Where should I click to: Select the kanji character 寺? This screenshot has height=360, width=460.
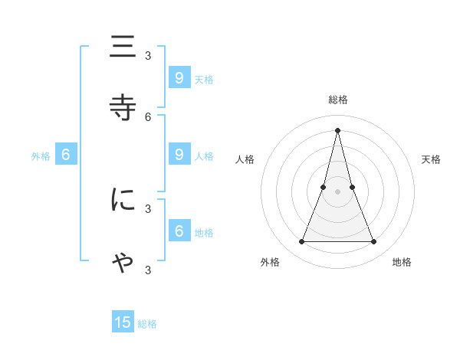click(x=123, y=106)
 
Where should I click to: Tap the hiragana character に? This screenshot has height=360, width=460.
click(x=123, y=200)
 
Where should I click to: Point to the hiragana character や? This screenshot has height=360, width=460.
click(x=123, y=263)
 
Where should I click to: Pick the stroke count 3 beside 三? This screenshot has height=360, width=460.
click(x=148, y=55)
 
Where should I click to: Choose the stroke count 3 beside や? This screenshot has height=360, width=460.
click(x=148, y=270)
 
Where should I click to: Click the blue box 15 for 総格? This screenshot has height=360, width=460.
click(x=123, y=322)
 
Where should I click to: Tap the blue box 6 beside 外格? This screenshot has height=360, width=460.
click(x=66, y=155)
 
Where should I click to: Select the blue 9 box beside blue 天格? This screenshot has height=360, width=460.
click(x=179, y=77)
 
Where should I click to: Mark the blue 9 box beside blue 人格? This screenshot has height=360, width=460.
click(x=179, y=155)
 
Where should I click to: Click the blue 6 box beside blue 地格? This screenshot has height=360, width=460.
click(x=179, y=231)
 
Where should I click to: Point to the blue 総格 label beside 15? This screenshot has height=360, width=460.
click(x=147, y=324)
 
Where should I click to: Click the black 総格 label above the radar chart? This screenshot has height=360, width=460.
click(x=337, y=100)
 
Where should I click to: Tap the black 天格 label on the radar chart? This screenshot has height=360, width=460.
click(x=431, y=159)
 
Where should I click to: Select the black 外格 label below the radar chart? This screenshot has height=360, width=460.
click(x=270, y=262)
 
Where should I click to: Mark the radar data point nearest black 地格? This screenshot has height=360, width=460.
click(x=373, y=242)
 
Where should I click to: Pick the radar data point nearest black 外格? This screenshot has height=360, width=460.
click(x=301, y=242)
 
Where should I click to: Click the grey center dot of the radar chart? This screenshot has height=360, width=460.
click(x=337, y=191)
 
